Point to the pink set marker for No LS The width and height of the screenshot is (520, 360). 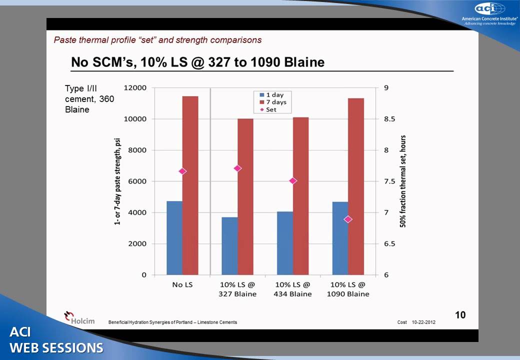(x=182, y=171)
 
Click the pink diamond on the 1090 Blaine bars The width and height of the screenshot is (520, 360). (x=348, y=219)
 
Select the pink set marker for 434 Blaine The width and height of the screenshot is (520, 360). (x=293, y=180)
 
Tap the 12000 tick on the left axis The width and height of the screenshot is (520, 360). (x=135, y=88)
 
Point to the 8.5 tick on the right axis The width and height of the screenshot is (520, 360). (x=389, y=119)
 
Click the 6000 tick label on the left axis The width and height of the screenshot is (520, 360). (x=137, y=181)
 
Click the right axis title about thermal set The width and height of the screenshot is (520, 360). (x=403, y=181)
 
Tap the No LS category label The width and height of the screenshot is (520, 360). (x=182, y=284)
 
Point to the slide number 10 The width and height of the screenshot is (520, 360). (x=460, y=314)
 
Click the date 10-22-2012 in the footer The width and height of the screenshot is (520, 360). (x=423, y=322)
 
